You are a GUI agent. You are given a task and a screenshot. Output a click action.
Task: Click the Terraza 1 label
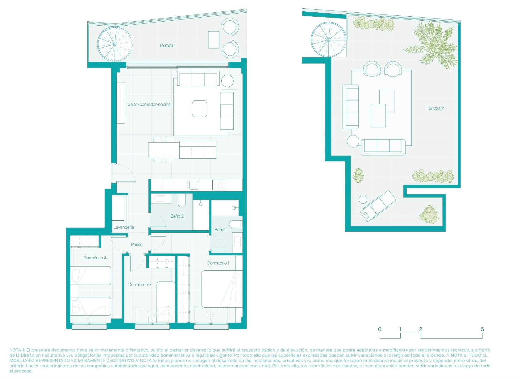(x=167, y=45)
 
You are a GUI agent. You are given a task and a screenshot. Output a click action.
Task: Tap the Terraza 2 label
(x=435, y=108)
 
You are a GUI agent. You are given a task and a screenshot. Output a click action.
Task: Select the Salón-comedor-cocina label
(x=149, y=104)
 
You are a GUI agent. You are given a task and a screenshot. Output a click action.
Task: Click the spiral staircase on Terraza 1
(x=115, y=44)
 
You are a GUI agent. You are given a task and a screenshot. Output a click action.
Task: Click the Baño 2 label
(x=177, y=216)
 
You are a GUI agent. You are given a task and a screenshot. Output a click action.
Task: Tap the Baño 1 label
(x=220, y=230)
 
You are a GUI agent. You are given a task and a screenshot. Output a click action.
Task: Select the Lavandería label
(x=123, y=227)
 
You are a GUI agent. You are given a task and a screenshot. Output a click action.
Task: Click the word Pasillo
(x=137, y=244)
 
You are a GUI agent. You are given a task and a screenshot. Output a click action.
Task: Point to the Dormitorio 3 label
(x=95, y=258)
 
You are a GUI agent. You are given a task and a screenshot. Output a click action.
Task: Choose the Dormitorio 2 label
(x=140, y=285)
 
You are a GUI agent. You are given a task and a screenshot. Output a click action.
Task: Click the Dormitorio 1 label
(x=218, y=263)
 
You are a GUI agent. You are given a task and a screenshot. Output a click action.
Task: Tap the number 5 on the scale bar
(x=482, y=329)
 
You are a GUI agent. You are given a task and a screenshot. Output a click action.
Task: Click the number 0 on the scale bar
(x=380, y=329)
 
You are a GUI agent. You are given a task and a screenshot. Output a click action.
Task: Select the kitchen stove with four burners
(x=219, y=185)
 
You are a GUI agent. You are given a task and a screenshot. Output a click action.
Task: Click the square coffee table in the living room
(x=199, y=109)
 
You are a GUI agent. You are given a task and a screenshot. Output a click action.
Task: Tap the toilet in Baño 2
(x=181, y=201)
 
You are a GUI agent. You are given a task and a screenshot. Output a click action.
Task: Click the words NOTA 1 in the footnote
(x=17, y=350)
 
